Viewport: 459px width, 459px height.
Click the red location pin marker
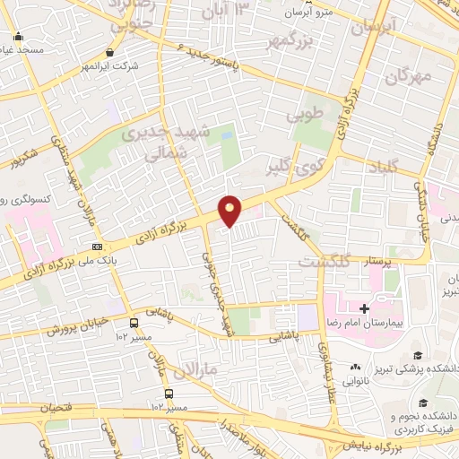pos(230,210)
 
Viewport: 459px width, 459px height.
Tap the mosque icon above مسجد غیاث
pos(19,39)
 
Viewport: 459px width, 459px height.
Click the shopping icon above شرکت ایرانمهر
pos(109,53)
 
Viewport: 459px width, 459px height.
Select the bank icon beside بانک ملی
pos(97,247)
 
